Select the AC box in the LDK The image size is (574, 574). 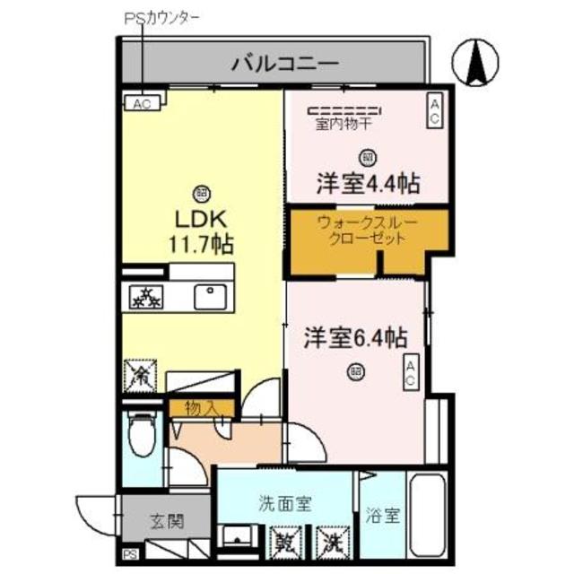[x=142, y=103]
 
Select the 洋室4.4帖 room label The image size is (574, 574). [x=368, y=183]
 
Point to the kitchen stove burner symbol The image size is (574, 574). [x=143, y=295]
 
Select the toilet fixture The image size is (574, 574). [x=142, y=439]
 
